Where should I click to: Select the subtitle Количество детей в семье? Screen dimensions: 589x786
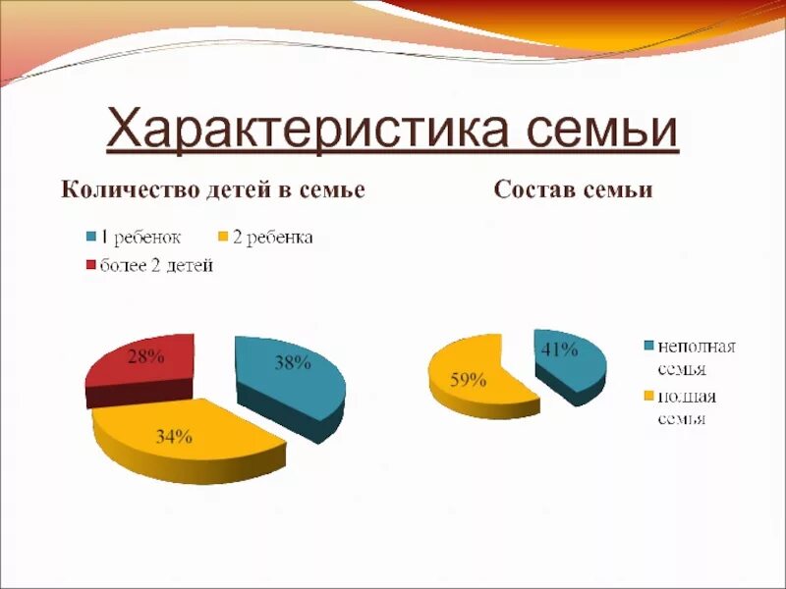[x=213, y=189]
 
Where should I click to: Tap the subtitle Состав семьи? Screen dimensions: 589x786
[x=574, y=189]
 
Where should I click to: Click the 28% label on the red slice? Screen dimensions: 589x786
[x=145, y=357]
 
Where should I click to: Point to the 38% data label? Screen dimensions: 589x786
[x=293, y=363]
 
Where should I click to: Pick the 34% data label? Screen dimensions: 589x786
[x=173, y=438]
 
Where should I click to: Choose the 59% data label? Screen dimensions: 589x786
[x=468, y=381]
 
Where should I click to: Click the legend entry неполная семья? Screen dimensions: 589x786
[x=697, y=357]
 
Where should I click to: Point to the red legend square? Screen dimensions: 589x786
[x=91, y=265]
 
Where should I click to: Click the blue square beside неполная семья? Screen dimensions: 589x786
[x=648, y=347]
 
